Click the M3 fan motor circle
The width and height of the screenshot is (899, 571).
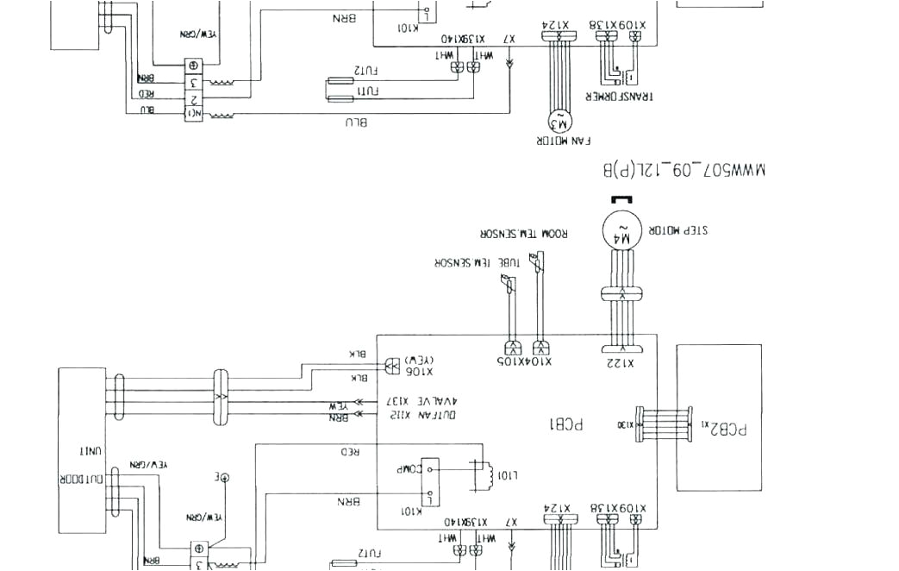559,119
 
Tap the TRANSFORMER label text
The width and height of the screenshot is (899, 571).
619,96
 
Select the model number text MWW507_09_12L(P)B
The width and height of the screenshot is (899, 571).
685,170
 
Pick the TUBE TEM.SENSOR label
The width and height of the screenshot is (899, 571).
469,262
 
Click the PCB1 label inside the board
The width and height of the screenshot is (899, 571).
565,424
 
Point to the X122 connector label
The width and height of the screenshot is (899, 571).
620,363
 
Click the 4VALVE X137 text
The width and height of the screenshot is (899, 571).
418,401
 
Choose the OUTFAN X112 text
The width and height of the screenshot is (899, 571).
418,416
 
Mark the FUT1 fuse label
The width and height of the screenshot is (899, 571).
368,91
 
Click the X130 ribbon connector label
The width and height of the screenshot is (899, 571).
624,424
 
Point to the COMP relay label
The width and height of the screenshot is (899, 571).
407,470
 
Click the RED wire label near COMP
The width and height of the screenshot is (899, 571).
350,451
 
